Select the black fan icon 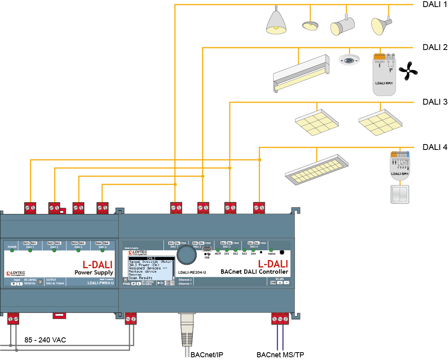pos(408,71)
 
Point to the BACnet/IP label pos(207,355)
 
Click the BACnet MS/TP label pos(280,355)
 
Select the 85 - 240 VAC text pos(45,340)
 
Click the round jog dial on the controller pos(187,255)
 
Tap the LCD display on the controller pos(151,268)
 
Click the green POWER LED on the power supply pos(12,251)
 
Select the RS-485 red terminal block pos(280,319)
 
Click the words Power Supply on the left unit pos(94,273)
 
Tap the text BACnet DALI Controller pos(254,272)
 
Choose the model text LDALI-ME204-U pos(192,272)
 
